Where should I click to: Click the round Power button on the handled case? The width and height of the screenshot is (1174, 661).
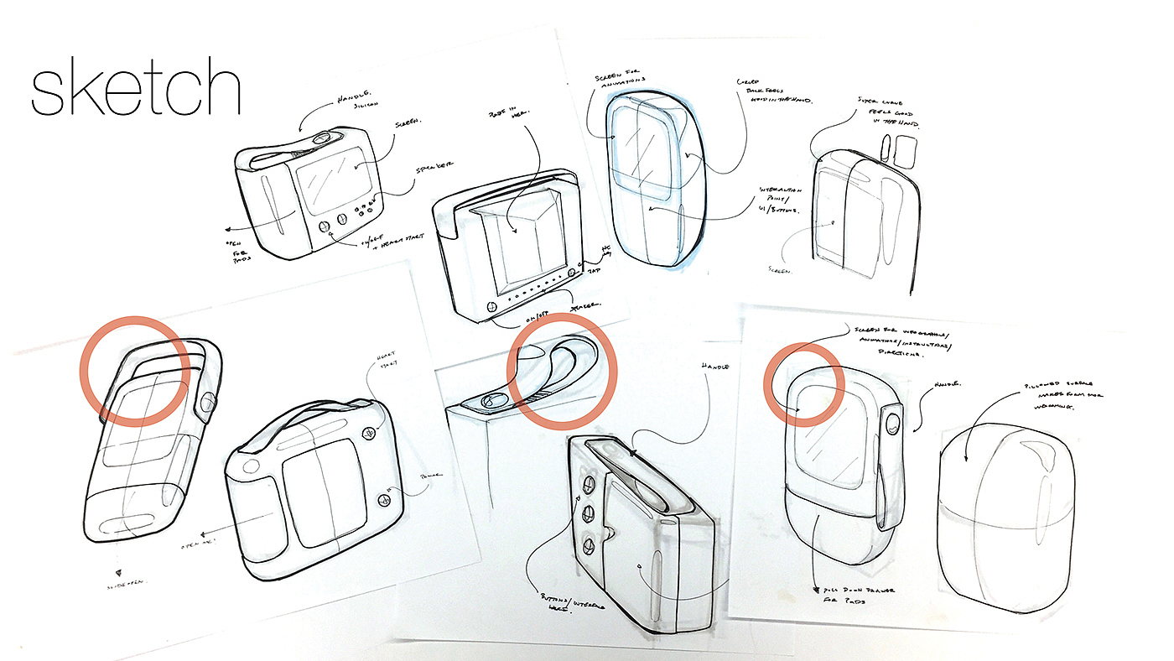(x=385, y=501)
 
